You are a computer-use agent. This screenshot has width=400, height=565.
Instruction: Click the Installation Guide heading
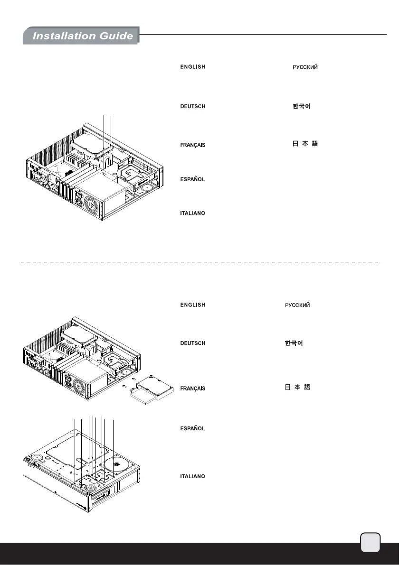[82, 36]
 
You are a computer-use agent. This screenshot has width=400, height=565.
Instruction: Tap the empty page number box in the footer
[370, 542]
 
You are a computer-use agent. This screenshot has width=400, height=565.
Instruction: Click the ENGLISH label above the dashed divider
[192, 67]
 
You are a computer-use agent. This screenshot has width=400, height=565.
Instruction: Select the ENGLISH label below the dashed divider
[192, 305]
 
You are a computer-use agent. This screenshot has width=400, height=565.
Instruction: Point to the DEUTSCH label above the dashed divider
[192, 106]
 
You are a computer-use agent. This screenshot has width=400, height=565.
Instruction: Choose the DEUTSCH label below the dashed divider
[192, 343]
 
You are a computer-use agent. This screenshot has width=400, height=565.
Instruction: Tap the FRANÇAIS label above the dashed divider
[192, 145]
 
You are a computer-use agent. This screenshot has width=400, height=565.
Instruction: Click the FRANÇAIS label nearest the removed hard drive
[192, 389]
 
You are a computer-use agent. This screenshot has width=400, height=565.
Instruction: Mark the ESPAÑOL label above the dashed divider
[192, 179]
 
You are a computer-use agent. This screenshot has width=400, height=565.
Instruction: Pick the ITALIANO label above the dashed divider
[192, 213]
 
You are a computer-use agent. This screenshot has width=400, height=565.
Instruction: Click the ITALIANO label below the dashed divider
[192, 476]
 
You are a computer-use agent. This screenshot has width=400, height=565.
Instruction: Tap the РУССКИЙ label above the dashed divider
[305, 67]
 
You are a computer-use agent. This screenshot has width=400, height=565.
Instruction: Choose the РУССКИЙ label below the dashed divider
[297, 305]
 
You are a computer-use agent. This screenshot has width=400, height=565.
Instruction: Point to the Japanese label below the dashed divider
[297, 388]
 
